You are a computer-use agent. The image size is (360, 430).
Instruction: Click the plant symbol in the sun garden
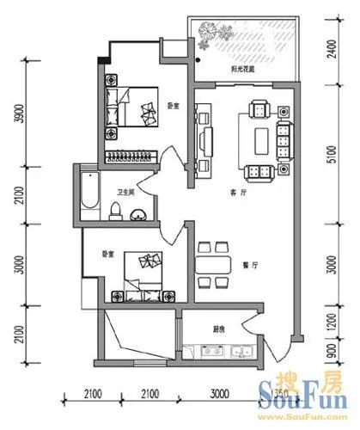click(x=210, y=34)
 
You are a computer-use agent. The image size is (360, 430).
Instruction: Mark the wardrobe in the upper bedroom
click(x=129, y=155)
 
